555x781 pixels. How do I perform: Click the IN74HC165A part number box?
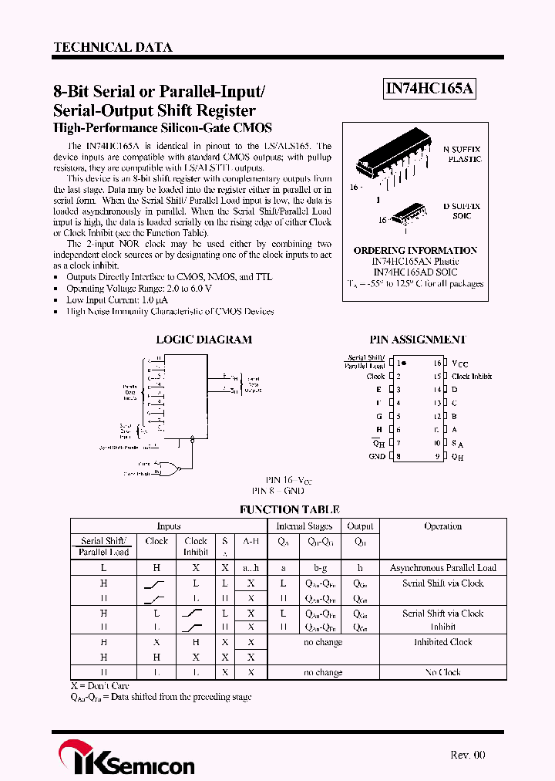click(x=429, y=90)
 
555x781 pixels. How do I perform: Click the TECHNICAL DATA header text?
click(x=113, y=47)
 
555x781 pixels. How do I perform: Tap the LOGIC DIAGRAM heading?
click(x=203, y=340)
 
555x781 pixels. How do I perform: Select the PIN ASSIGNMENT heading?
click(x=418, y=340)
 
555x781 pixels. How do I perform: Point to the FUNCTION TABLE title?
click(x=290, y=509)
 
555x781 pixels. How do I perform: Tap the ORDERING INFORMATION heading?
click(x=415, y=251)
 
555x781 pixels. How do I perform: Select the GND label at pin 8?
click(x=376, y=456)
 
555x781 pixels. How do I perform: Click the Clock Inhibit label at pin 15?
click(x=472, y=377)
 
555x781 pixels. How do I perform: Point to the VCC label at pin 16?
click(x=459, y=363)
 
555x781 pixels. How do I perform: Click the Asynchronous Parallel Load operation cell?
click(x=442, y=568)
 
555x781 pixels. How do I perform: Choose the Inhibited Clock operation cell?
click(x=442, y=642)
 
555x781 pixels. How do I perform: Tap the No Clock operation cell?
click(x=442, y=672)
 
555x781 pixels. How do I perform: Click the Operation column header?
click(x=442, y=526)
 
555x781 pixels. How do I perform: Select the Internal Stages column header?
click(x=304, y=526)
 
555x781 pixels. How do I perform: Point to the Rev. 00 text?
click(x=468, y=755)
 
